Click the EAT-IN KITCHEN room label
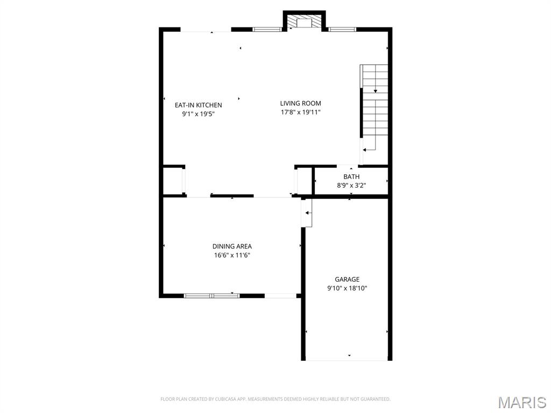point(198,105)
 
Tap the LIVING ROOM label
point(300,103)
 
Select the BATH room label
point(351,176)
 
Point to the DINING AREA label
point(232,246)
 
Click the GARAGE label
point(347,279)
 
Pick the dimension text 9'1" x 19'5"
point(198,114)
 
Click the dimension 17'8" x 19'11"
point(300,112)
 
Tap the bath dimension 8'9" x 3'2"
point(351,186)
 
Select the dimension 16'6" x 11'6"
point(232,255)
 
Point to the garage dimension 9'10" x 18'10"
point(347,288)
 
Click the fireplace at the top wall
point(305,22)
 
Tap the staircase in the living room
point(375,108)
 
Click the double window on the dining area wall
point(212,295)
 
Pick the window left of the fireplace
point(267,29)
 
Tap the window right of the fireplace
point(342,29)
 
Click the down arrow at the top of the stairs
point(375,91)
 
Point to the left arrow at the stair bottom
point(365,150)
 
